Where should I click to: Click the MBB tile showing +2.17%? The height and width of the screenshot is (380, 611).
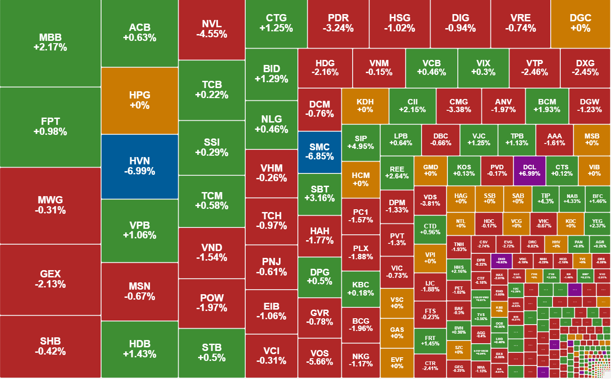coord(50,42)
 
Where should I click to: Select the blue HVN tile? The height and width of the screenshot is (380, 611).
coord(140,166)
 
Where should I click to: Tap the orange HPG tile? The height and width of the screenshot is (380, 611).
coord(140,100)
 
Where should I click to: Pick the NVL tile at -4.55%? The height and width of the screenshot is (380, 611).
coord(212,29)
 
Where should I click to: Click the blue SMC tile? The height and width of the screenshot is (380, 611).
coord(320,152)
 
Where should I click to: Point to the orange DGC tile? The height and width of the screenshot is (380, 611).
coord(580,23)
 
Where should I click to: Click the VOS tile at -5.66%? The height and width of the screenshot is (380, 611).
coord(320,358)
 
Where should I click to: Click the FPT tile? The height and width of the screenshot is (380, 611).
coord(50,127)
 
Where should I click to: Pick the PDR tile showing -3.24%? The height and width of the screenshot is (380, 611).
coord(338,23)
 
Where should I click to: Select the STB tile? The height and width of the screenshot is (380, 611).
coord(212,353)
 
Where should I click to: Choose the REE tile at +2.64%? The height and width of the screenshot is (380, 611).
coord(397,173)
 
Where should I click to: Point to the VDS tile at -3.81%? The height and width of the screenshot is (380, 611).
coord(430,200)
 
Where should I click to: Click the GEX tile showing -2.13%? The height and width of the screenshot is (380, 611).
coord(50,279)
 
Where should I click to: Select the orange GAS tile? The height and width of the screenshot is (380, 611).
coord(397,333)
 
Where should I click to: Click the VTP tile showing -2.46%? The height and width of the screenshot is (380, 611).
coord(534,68)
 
